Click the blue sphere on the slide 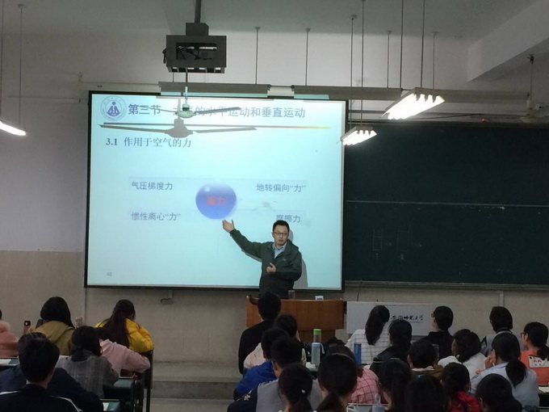click(x=216, y=200)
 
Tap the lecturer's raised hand click(x=228, y=225)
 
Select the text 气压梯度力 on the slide click(x=152, y=186)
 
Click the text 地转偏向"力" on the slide click(x=280, y=187)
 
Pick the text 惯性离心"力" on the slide click(x=155, y=216)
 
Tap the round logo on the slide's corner click(x=112, y=109)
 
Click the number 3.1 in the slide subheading click(x=111, y=141)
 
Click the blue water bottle click(x=357, y=351)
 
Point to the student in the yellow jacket click(x=126, y=326)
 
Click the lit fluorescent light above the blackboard click(x=413, y=103)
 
